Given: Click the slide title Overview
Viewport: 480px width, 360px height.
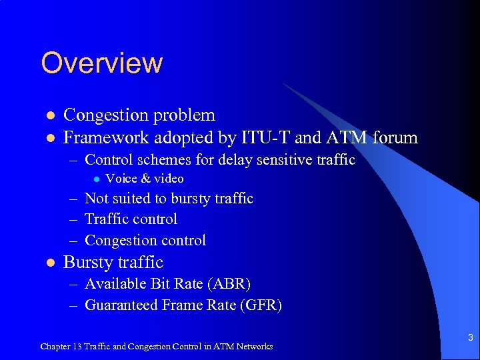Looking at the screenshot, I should (101, 63).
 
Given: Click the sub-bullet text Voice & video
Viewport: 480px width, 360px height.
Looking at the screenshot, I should (145, 179).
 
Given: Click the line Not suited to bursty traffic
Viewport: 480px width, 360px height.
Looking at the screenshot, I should (169, 199).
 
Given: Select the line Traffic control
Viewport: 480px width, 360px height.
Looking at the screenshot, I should (131, 219).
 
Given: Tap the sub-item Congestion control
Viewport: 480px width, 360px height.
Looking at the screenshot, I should (145, 241).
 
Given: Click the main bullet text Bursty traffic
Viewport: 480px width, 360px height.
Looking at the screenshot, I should (113, 263).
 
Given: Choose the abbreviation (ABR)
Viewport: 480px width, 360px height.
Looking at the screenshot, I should (229, 284).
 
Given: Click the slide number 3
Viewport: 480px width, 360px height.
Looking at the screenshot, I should (470, 338).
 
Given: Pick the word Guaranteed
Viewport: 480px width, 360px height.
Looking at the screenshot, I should (121, 305).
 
